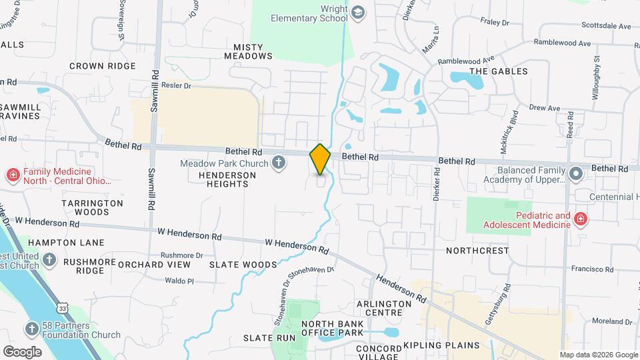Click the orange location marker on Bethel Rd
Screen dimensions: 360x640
coord(320,159)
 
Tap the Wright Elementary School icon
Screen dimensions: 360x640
coord(358,13)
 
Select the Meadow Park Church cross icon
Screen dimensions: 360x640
coord(279,163)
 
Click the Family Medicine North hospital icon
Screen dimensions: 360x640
coord(13,175)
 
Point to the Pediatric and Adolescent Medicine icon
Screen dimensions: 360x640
coord(580,219)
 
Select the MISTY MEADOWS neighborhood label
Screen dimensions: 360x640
coord(253,51)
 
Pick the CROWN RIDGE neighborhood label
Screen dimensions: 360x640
coord(102,66)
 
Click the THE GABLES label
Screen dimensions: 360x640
coord(499,71)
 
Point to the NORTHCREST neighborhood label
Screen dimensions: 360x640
coord(477,251)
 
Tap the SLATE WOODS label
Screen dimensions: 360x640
coord(233,265)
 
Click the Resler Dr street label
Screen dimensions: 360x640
coord(176,86)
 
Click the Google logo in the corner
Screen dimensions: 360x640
coord(22,352)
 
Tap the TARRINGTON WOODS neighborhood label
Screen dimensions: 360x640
coord(92,207)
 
